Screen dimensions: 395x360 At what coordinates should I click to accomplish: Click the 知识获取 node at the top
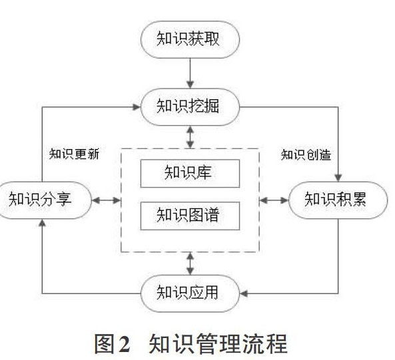[x=190, y=39]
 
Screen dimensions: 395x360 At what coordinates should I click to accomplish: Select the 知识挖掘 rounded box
[x=190, y=107]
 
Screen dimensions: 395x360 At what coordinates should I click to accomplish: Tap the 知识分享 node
[x=44, y=200]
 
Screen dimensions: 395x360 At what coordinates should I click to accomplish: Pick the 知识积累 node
[x=338, y=200]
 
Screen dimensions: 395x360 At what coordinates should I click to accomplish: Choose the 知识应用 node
[x=190, y=293]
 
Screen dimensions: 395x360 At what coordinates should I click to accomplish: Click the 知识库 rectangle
[x=190, y=173]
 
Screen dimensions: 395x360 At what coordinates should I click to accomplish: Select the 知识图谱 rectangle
[x=190, y=216]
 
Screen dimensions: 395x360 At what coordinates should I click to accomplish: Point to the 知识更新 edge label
[x=74, y=154]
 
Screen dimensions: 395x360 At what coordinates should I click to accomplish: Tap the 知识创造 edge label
[x=306, y=154]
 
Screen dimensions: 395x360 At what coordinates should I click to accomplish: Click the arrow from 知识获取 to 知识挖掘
[x=191, y=73]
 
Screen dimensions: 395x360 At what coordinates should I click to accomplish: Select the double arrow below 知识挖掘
[x=191, y=137]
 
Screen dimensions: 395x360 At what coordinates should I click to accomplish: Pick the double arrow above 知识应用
[x=191, y=264]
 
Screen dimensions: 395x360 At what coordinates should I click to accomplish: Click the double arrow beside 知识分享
[x=107, y=200]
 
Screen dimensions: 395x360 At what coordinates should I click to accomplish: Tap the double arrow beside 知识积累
[x=274, y=200]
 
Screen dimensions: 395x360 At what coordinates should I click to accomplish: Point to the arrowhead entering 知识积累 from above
[x=338, y=178]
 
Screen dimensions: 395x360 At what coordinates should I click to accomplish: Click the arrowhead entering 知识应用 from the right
[x=244, y=293]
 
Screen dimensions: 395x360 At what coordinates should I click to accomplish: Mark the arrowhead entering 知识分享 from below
[x=42, y=223]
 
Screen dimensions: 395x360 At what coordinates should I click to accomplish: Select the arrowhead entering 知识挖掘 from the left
[x=137, y=107]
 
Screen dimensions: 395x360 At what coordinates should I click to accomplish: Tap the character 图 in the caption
[x=105, y=343]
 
